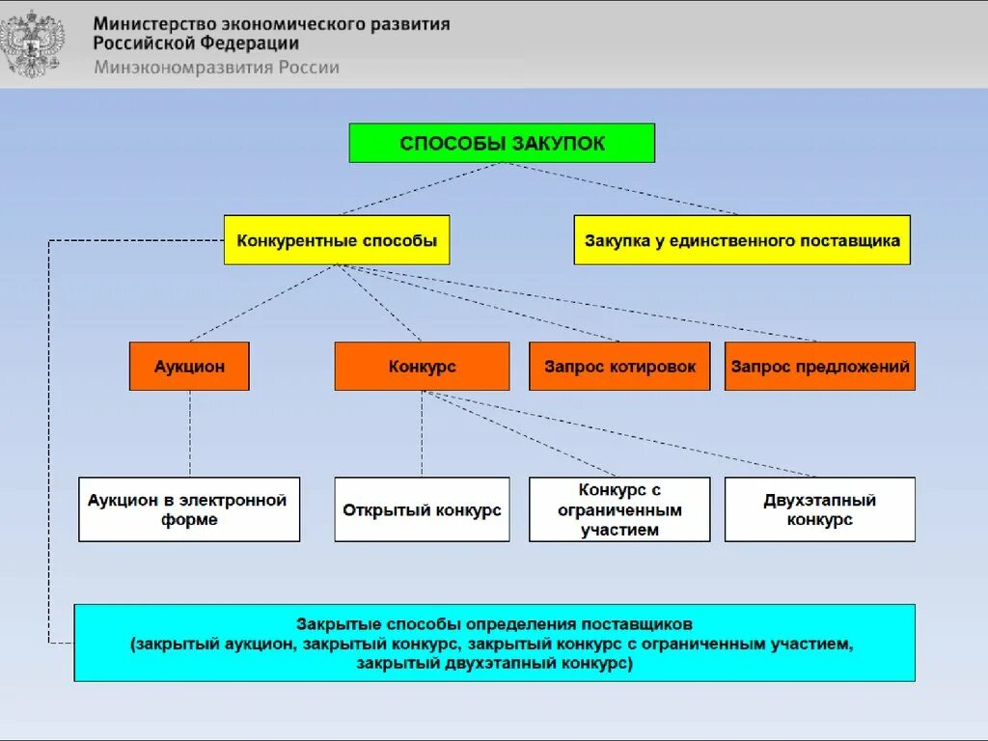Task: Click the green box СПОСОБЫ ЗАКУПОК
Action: click(x=502, y=143)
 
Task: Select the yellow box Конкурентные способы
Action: click(x=337, y=240)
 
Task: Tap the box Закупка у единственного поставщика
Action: click(x=742, y=240)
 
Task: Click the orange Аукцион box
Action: click(x=189, y=367)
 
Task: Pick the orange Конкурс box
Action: click(x=422, y=367)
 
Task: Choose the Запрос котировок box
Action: click(x=619, y=367)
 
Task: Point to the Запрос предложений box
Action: click(x=820, y=367)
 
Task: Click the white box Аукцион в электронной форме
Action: click(x=189, y=509)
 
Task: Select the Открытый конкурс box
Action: click(x=422, y=509)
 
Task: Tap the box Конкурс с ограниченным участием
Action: click(x=619, y=509)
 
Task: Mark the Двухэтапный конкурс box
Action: click(x=820, y=509)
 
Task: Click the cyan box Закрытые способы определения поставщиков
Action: click(x=494, y=643)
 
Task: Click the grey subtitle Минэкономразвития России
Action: click(x=216, y=68)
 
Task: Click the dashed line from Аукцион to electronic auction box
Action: click(x=190, y=434)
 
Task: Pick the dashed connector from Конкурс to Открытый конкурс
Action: click(x=422, y=434)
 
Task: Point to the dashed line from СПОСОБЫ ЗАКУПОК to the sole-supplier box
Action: click(x=627, y=189)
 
